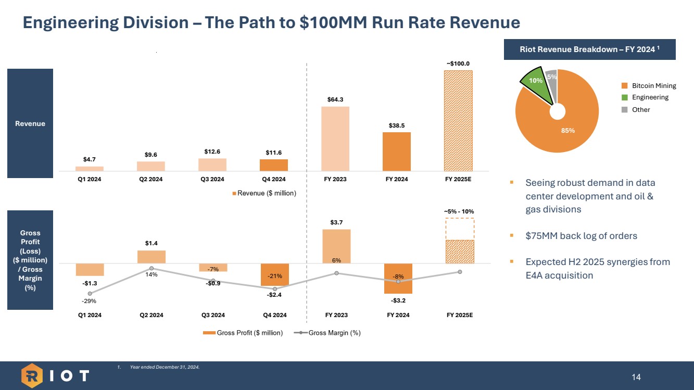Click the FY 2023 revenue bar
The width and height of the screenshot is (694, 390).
click(335, 139)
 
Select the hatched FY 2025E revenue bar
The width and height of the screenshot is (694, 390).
click(458, 120)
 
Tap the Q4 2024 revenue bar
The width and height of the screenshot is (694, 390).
click(274, 165)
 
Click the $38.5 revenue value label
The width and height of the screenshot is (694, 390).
click(397, 125)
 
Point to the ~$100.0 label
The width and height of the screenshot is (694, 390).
click(458, 64)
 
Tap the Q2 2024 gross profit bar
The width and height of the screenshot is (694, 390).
click(151, 257)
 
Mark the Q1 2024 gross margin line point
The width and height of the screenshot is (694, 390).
click(90, 294)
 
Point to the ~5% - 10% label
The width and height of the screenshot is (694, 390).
click(459, 211)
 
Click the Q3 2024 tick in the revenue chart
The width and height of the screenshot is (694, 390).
click(212, 180)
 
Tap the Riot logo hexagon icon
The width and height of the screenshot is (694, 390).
click(33, 375)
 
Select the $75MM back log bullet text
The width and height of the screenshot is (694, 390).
click(581, 236)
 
